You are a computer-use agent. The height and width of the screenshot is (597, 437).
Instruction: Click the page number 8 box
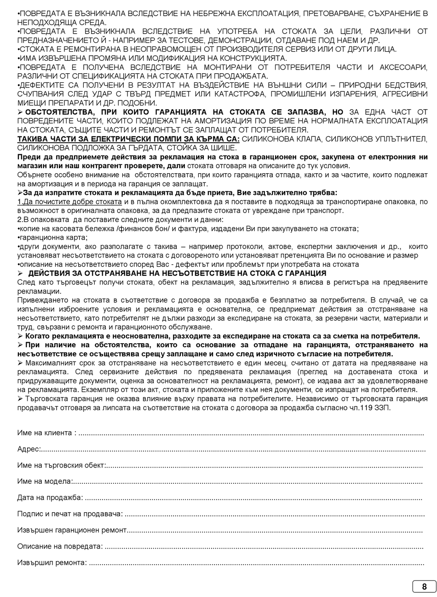point(424,586)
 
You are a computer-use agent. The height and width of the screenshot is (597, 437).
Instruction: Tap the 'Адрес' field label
point(28,449)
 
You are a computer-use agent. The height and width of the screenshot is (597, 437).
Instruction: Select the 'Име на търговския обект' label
point(61,465)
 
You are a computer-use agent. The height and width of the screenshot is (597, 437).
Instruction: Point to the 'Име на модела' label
point(44,481)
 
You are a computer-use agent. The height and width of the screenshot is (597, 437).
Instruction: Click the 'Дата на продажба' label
point(50,497)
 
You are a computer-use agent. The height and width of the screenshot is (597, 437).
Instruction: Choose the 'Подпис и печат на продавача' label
point(69,514)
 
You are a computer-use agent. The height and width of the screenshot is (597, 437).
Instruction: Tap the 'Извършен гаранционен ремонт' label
point(71,530)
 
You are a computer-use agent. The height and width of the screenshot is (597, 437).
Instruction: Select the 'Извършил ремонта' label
point(52,562)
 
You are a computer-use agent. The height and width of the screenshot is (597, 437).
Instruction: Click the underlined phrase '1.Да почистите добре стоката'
point(69,202)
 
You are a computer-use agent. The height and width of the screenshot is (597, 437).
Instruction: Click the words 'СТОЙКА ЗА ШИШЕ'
point(209,148)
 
